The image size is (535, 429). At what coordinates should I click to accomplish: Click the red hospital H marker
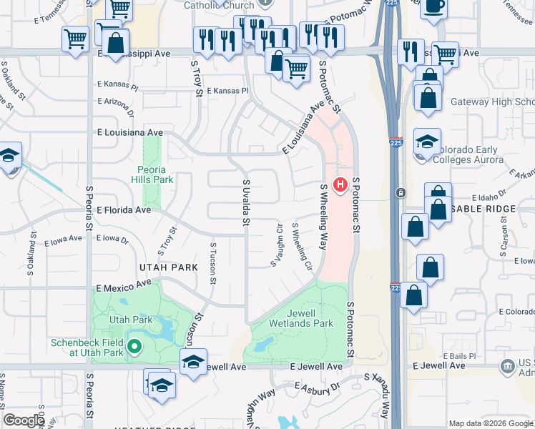tap(341, 185)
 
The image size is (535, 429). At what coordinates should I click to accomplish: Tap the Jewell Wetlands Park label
tap(301, 318)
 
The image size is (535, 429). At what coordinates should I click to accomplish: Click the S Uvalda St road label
tap(245, 202)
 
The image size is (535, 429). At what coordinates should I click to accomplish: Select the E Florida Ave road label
tap(124, 210)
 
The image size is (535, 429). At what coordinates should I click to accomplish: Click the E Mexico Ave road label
tap(124, 285)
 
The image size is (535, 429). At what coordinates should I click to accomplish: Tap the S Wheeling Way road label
tap(323, 214)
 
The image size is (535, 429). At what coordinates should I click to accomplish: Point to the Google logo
tap(24, 420)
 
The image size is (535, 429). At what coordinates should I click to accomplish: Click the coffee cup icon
tap(433, 6)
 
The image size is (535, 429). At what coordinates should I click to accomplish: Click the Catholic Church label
tap(208, 6)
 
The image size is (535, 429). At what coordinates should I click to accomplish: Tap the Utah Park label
tap(131, 320)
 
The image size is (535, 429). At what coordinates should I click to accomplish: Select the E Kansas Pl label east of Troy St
tap(227, 91)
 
